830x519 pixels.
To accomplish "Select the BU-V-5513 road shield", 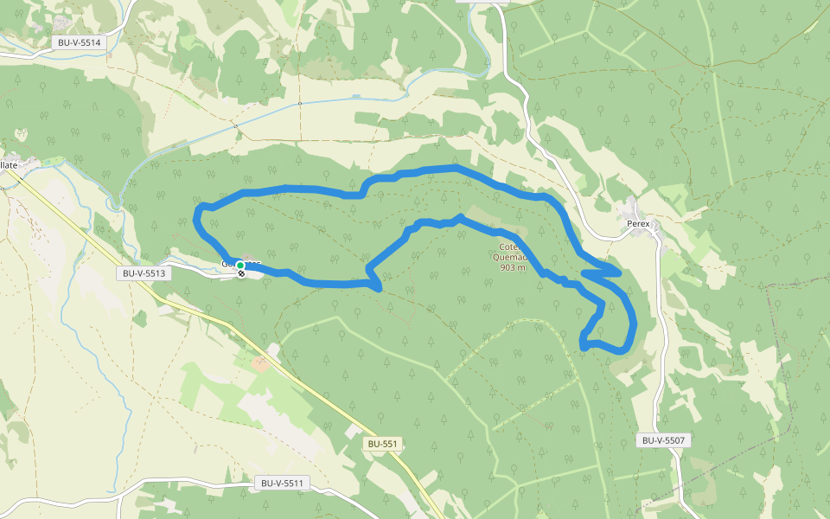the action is [144, 272].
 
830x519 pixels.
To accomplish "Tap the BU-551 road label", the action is [382, 444].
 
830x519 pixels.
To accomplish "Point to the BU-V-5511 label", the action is [284, 483].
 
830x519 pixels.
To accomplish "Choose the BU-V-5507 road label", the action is [664, 440].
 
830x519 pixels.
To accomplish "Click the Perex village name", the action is [638, 223].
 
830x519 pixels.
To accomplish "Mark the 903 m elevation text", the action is [513, 267].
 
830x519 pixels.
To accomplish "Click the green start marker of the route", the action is [239, 266].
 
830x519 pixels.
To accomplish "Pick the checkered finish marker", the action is [241, 273].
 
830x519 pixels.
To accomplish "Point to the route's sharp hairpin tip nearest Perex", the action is [619, 272].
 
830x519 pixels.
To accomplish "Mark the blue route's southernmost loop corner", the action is [583, 346].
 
